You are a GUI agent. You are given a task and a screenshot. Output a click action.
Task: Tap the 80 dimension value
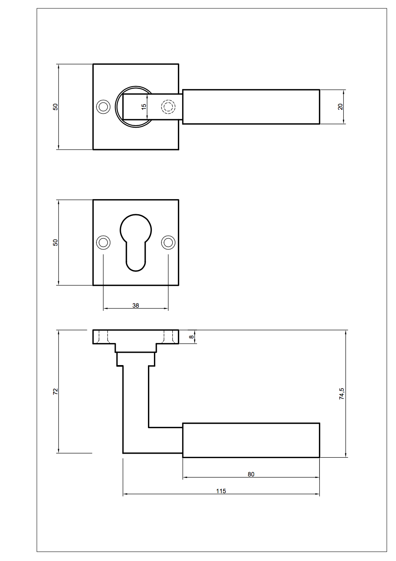251,474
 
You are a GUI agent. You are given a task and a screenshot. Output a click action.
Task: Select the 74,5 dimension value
341,394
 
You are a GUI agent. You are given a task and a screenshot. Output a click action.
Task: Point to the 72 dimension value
55,391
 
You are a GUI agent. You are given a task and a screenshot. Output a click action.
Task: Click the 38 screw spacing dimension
136,306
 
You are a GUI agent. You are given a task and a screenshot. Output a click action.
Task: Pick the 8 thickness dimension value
191,337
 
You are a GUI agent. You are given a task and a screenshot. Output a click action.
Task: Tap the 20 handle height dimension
340,107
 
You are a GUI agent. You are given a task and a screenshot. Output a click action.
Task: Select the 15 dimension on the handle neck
144,107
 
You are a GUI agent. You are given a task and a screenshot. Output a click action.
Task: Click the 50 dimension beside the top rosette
55,107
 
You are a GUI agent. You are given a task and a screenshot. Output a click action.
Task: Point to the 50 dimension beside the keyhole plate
55,243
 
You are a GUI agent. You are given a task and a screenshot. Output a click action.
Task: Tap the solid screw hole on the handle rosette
103,107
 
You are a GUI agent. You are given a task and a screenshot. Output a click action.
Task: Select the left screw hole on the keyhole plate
103,243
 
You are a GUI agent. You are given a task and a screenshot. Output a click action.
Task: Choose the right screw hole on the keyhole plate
168,243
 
